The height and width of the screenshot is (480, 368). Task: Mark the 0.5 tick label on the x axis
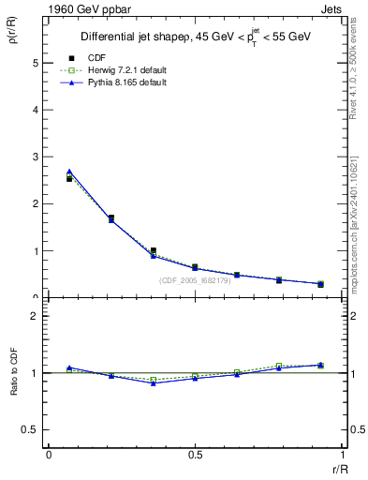[195, 455]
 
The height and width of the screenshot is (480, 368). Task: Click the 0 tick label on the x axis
[49, 455]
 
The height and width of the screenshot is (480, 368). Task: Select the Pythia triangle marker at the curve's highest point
[69, 172]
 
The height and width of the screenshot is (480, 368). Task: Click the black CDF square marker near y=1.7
[111, 218]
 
